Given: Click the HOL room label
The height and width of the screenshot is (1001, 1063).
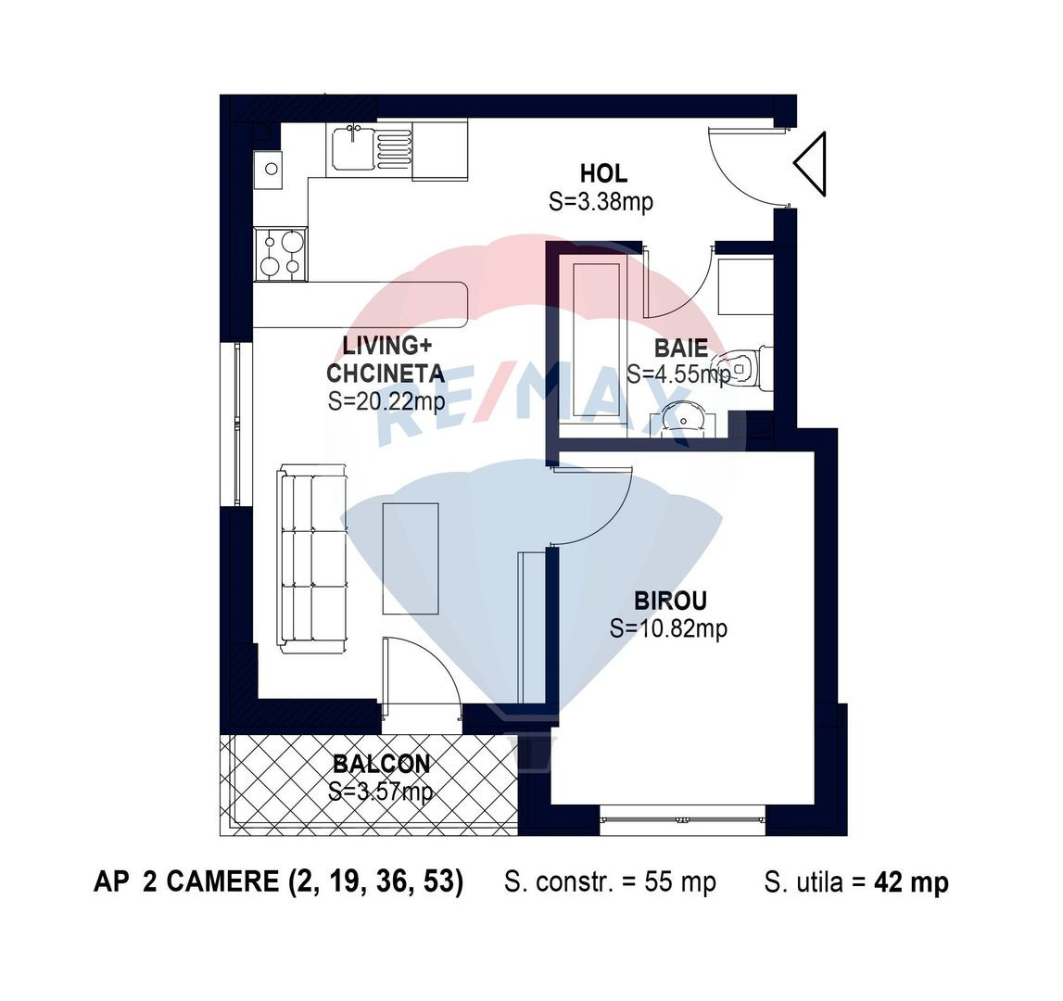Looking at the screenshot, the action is [x=602, y=173].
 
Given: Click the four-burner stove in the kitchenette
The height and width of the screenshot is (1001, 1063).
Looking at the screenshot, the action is [x=281, y=254].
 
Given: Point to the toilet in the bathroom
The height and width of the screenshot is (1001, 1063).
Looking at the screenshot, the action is [x=749, y=367].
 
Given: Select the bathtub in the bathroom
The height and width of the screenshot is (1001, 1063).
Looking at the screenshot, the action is [x=597, y=340].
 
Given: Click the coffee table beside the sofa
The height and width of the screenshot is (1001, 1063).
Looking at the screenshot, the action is [x=411, y=558].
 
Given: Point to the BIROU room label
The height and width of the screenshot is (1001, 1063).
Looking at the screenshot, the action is [x=670, y=601].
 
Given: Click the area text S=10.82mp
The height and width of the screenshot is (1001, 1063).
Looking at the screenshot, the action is [x=668, y=628].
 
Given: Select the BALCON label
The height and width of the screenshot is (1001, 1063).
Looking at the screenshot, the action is [x=381, y=765].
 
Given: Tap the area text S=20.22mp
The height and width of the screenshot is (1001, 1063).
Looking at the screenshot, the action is [x=386, y=401].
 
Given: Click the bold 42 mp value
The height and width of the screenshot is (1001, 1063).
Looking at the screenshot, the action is [x=911, y=882].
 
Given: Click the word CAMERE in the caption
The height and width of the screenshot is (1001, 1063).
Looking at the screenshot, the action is [x=222, y=881].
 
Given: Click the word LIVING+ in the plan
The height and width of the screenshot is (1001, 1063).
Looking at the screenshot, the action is [x=386, y=346].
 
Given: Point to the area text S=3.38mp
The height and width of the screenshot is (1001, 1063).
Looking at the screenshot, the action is [x=601, y=201].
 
